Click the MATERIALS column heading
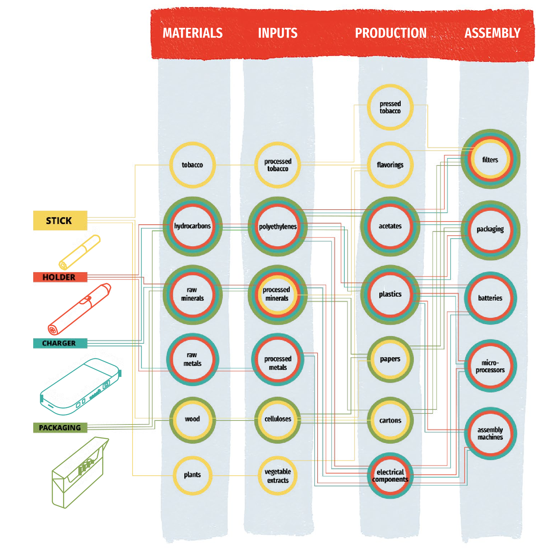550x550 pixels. [x=193, y=33]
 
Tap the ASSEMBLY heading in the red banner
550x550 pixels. [x=492, y=33]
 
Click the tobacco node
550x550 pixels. [x=192, y=165]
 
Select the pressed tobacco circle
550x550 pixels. [x=390, y=107]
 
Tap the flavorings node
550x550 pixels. [x=390, y=165]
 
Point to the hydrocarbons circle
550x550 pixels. [x=192, y=226]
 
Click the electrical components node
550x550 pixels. [x=390, y=475]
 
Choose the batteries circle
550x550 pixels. [x=490, y=298]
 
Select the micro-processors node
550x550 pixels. [x=490, y=366]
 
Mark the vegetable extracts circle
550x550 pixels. [x=278, y=476]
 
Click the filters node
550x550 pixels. [x=490, y=159]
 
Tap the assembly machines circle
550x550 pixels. [x=490, y=433]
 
